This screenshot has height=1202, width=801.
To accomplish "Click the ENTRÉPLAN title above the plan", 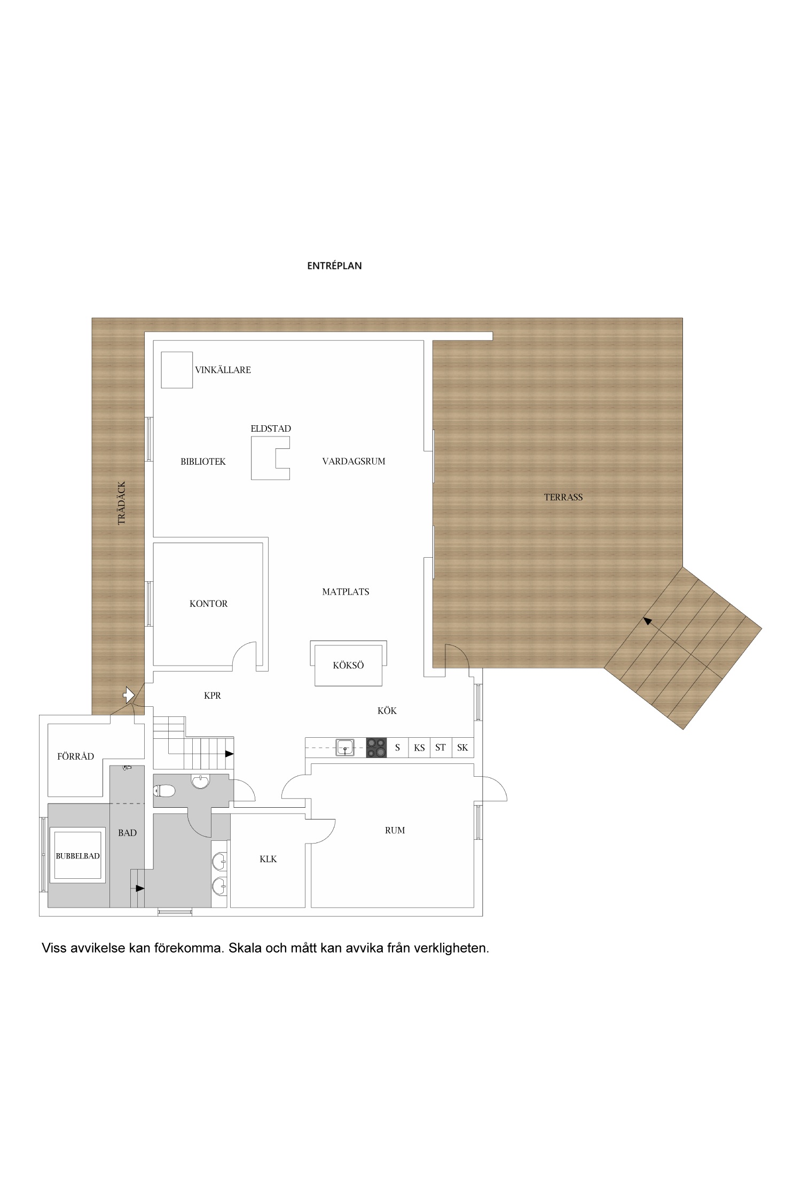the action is [x=334, y=266].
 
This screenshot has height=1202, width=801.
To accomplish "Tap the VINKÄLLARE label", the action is [x=223, y=370].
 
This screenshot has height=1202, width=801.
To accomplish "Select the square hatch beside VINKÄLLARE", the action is [x=177, y=370].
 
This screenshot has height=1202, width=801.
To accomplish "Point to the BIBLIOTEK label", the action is [x=203, y=462].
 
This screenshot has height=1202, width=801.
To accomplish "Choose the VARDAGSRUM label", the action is [x=354, y=461].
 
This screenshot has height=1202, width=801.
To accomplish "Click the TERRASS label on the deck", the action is [x=563, y=497].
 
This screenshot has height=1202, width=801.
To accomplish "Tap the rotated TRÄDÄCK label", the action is [x=121, y=503].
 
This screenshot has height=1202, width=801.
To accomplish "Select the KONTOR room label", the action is [x=208, y=604].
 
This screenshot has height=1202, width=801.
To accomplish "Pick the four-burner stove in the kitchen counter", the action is [x=376, y=747].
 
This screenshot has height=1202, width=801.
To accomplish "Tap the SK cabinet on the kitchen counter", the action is [x=462, y=747].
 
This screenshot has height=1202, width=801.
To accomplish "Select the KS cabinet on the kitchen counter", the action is [x=419, y=747].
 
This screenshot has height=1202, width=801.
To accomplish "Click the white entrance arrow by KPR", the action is [x=128, y=694].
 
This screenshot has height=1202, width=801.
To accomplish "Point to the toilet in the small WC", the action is [x=164, y=790].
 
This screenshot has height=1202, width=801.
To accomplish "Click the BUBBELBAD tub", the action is [x=78, y=856].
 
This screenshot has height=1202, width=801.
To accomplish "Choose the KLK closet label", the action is [x=268, y=859].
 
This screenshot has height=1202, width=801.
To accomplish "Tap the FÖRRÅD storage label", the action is [x=75, y=756].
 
